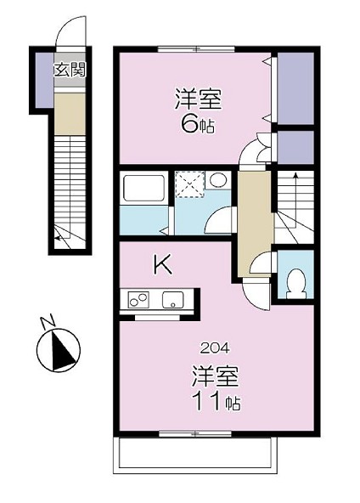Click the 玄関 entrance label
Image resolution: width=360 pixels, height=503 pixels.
click(x=70, y=70)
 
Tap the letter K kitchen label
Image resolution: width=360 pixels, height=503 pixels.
click(x=163, y=265)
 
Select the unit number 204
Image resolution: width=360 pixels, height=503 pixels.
click(x=215, y=348)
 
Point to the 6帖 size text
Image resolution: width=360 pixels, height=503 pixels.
click(x=198, y=124)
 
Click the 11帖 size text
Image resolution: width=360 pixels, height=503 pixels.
click(x=216, y=401)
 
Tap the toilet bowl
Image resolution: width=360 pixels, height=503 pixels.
click(x=295, y=283)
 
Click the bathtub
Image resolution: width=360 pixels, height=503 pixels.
click(x=144, y=188)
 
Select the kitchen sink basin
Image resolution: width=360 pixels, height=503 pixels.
click(x=173, y=300)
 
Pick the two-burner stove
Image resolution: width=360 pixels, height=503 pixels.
click(x=138, y=300)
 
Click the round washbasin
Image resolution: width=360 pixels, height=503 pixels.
click(x=218, y=179)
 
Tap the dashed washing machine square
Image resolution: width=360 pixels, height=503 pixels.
click(x=189, y=184)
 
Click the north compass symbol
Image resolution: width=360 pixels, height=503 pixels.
click(x=58, y=350)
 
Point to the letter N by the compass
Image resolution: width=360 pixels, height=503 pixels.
click(x=48, y=322)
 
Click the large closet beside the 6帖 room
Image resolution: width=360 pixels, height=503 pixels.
click(x=295, y=88)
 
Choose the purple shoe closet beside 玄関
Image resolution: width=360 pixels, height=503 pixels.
click(x=44, y=80)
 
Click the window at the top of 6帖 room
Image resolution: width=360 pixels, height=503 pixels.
click(x=196, y=49)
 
